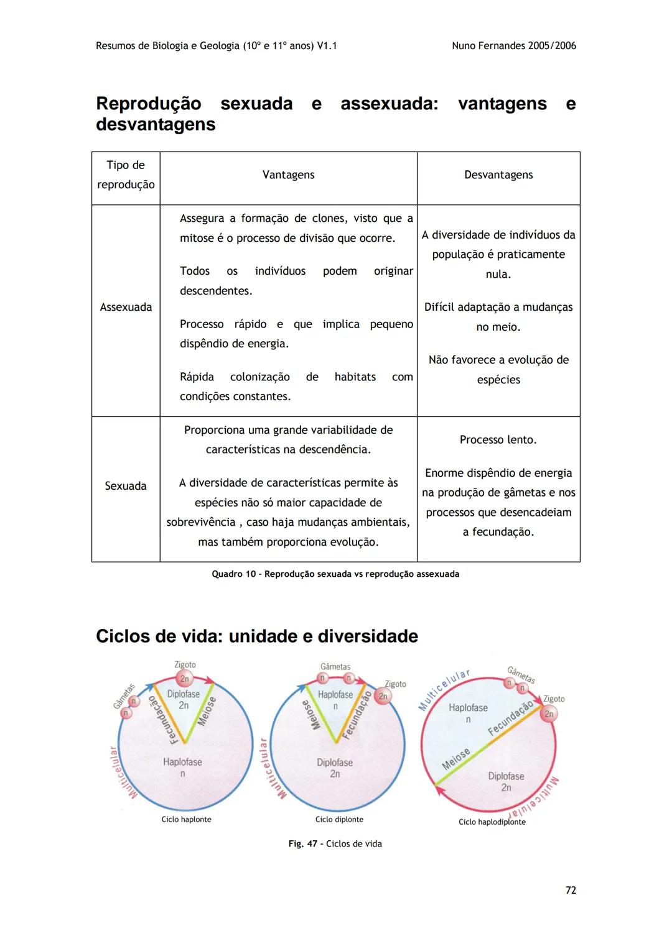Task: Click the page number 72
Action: (571, 890)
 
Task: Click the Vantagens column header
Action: (288, 175)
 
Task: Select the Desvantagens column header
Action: (498, 175)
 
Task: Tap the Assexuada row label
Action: (126, 307)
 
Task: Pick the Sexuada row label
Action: (126, 486)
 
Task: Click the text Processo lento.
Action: (498, 439)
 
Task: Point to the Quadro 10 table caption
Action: (335, 574)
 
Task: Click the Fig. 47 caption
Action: (335, 843)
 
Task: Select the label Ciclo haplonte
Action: (186, 819)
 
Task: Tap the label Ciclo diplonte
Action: (339, 819)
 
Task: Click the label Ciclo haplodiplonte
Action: (492, 822)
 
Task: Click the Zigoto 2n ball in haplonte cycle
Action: (184, 679)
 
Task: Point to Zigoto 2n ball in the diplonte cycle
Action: (383, 696)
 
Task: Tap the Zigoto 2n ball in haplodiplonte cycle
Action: (549, 713)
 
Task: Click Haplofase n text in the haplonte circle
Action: (182, 767)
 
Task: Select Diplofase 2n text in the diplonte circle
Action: (335, 768)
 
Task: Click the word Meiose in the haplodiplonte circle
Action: (455, 759)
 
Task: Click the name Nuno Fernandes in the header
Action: (488, 45)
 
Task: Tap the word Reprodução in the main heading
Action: (148, 103)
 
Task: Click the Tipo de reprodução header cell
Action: (126, 175)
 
